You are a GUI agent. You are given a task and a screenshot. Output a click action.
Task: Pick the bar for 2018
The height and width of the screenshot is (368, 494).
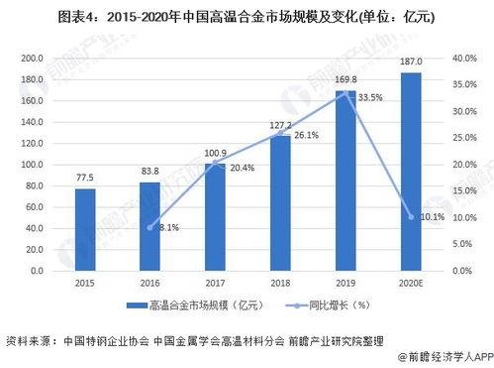coord(280,202)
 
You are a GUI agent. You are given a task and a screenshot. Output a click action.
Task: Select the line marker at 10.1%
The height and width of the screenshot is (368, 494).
coord(410,217)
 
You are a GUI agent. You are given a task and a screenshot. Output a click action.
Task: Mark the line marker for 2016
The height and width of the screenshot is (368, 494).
coord(148,227)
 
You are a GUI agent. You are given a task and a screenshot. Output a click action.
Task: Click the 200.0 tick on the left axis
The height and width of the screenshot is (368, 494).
coord(32,58)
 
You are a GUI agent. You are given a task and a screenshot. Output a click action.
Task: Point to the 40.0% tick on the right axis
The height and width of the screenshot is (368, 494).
coord(463,58)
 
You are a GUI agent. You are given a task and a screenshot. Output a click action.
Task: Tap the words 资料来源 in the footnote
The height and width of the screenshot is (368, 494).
coord(28,339)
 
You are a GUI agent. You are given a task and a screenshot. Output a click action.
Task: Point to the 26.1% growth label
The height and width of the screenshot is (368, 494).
coord(306,135)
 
